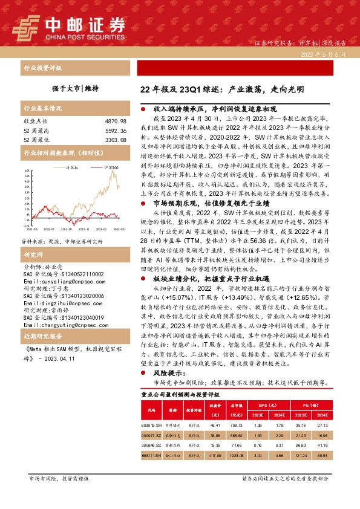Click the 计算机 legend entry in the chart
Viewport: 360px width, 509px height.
click(73, 166)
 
